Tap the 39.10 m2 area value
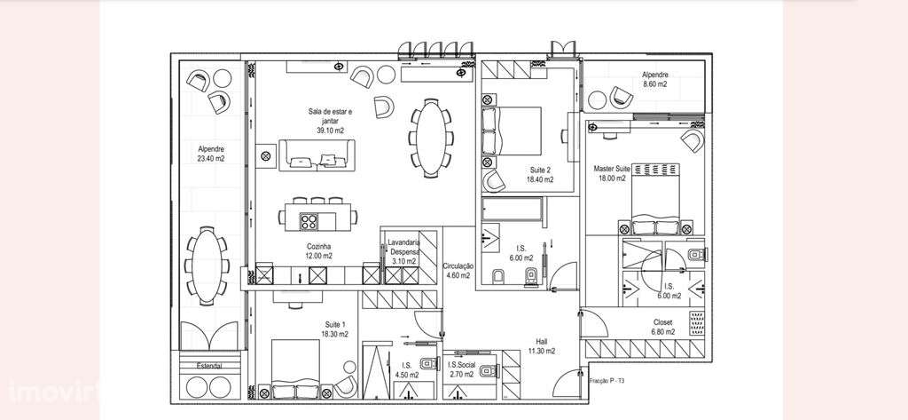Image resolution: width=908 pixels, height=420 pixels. click(x=330, y=131)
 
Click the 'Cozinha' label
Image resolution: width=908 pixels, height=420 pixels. click(x=319, y=246)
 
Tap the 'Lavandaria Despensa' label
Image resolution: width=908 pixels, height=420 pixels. click(x=404, y=246)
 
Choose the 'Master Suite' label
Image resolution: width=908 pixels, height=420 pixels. click(x=612, y=168)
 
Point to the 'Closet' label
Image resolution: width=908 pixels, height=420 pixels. click(x=662, y=322)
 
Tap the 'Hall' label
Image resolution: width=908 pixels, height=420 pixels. click(x=541, y=341)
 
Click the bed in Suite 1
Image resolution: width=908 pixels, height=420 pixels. click(x=301, y=368)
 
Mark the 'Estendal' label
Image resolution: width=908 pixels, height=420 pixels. click(x=202, y=366)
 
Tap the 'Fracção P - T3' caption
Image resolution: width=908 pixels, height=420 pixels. click(x=607, y=380)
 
